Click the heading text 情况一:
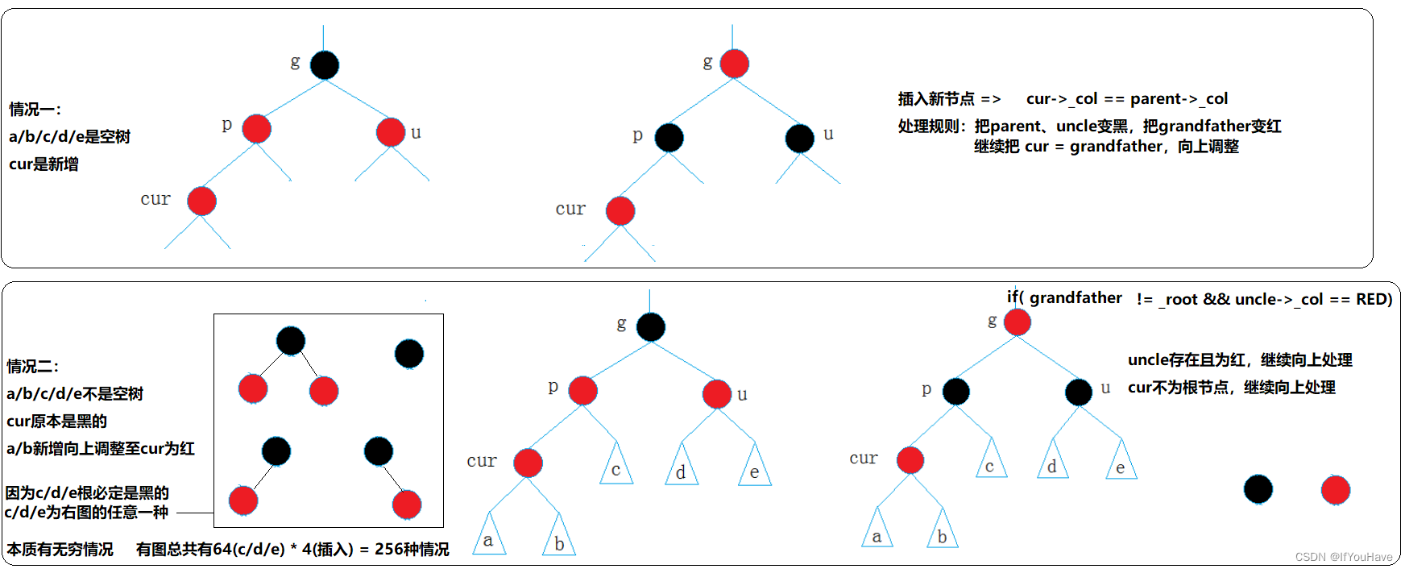point(35,110)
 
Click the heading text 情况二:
point(32,367)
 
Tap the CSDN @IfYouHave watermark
point(1343,557)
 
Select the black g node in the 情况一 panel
point(325,65)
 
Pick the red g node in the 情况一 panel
point(734,64)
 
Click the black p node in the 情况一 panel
point(669,138)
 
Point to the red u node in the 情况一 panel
point(391,132)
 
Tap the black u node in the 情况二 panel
point(1078,392)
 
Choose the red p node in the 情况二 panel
point(582,391)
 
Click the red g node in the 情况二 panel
point(1017,322)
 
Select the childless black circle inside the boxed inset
point(409,353)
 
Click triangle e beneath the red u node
point(755,467)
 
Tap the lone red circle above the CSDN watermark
point(1335,490)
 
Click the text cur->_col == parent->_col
point(1126,99)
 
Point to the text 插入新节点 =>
point(949,99)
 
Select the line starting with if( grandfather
point(1199,299)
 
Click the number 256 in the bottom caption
point(390,550)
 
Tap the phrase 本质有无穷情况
point(60,550)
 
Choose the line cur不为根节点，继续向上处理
point(1231,388)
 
